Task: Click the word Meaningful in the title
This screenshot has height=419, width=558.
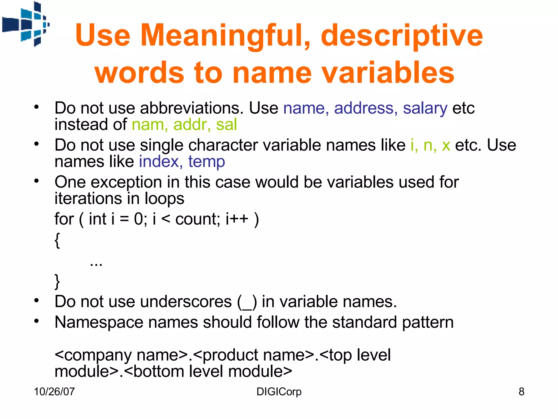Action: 225,35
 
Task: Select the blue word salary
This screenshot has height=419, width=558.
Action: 425,108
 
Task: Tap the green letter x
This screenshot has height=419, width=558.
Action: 446,145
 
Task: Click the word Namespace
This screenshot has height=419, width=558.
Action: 99,322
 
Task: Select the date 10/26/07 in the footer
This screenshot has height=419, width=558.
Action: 54,392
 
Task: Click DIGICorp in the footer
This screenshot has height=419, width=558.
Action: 279,392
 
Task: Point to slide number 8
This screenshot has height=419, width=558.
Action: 521,392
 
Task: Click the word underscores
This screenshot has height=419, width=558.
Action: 186,302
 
